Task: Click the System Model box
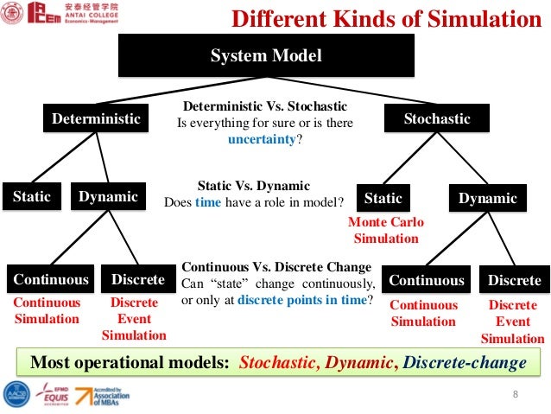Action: (266, 57)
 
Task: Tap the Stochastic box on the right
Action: (437, 119)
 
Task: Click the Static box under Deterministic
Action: (31, 197)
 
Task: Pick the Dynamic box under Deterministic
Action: (108, 197)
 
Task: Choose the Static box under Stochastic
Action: (383, 198)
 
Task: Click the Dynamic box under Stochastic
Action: (487, 199)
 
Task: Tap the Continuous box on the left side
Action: (50, 280)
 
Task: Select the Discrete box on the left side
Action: (137, 280)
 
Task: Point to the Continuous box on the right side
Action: (427, 280)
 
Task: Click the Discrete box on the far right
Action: (514, 280)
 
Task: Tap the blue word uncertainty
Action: (263, 138)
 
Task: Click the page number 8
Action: (515, 395)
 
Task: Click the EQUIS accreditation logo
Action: (49, 396)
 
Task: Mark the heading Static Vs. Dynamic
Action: (253, 185)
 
